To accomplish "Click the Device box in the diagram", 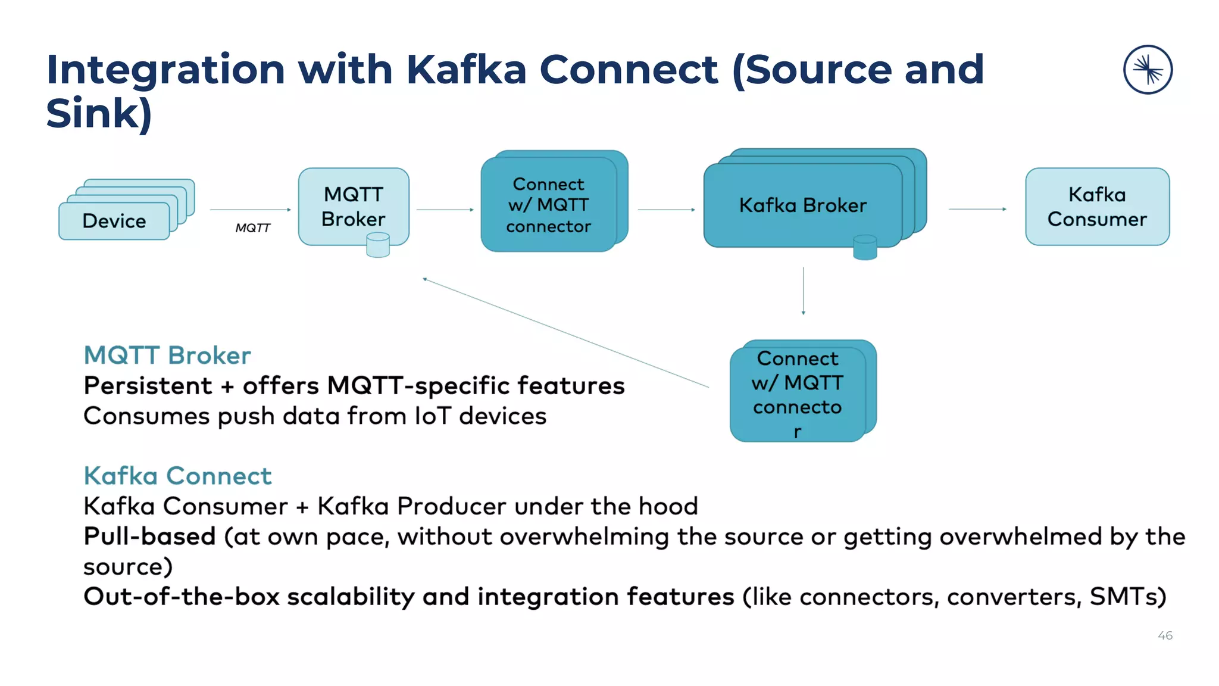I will (114, 221).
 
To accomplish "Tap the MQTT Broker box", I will (353, 206).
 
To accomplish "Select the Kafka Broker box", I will (802, 205).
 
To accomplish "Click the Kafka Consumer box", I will (1096, 207).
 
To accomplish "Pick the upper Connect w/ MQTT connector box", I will (548, 205).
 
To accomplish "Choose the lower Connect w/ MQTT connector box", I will (797, 393).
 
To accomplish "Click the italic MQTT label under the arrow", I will (252, 228).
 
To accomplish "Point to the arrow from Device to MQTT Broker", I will (250, 210).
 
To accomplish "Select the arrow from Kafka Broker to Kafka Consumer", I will (977, 209).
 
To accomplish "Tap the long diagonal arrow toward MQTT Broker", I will (565, 333).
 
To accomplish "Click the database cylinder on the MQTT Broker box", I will (378, 245).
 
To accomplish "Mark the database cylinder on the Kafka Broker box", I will (865, 247).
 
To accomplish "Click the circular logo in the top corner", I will (1148, 70).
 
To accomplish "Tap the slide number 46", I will (1165, 635).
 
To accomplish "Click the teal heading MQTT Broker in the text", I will (167, 356).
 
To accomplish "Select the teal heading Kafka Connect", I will (177, 476).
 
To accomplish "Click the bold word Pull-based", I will (149, 536).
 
